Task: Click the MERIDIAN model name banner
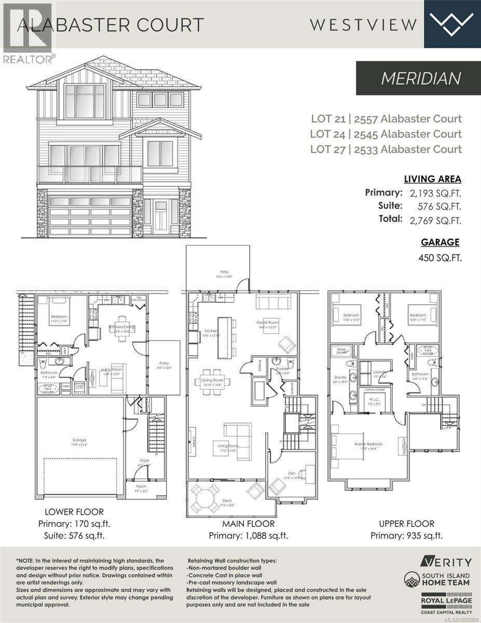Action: coord(421,78)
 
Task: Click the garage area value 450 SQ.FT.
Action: coord(441,257)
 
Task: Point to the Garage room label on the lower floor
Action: coord(79,440)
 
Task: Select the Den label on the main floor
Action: coord(291,473)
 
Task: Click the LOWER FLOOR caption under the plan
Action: coord(74,512)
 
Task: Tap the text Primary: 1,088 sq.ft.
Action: coord(248,536)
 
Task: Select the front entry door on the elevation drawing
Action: coord(160,216)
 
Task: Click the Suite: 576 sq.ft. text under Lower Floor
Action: coord(74,535)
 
